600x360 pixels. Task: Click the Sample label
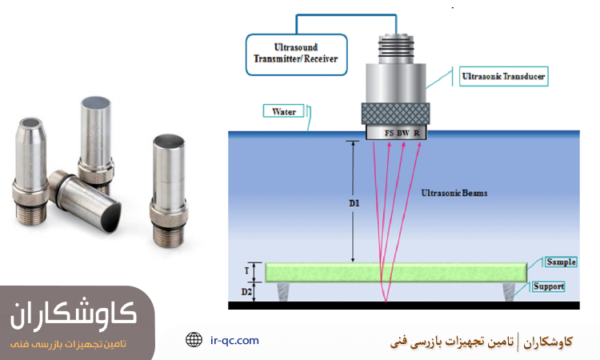coord(561,262)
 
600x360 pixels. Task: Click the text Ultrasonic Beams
coord(454,194)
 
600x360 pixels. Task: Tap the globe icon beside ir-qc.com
coord(194,340)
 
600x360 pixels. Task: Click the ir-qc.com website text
coord(234,340)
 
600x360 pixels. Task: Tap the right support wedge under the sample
coord(510,294)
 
